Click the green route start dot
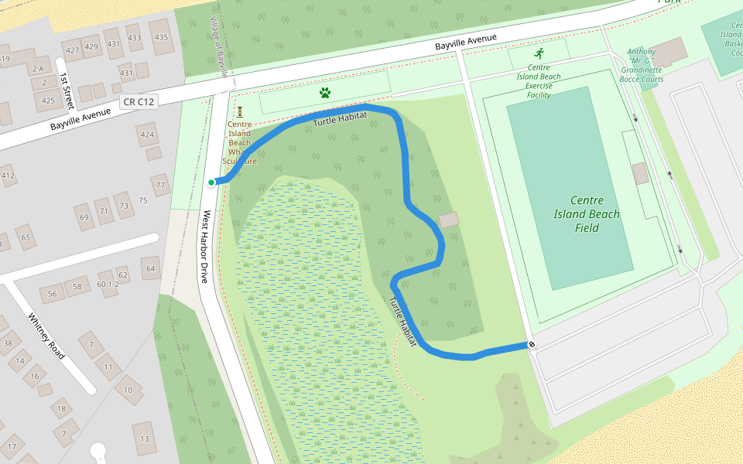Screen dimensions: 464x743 tap(211, 183)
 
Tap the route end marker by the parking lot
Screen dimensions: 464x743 tap(531, 344)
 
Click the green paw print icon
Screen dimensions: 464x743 tap(325, 93)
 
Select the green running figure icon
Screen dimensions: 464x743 tap(539, 53)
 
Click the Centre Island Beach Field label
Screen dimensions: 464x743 tap(587, 214)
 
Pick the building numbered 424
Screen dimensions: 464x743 tap(147, 134)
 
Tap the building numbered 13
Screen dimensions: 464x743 tap(145, 438)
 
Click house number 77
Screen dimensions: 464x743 tap(161, 186)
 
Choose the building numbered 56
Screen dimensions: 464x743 tap(53, 294)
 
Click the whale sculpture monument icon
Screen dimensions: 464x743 tap(240, 111)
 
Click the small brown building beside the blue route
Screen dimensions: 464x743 tap(449, 220)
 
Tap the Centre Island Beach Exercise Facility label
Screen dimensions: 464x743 tap(539, 81)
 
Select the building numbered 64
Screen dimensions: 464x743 tap(149, 269)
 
